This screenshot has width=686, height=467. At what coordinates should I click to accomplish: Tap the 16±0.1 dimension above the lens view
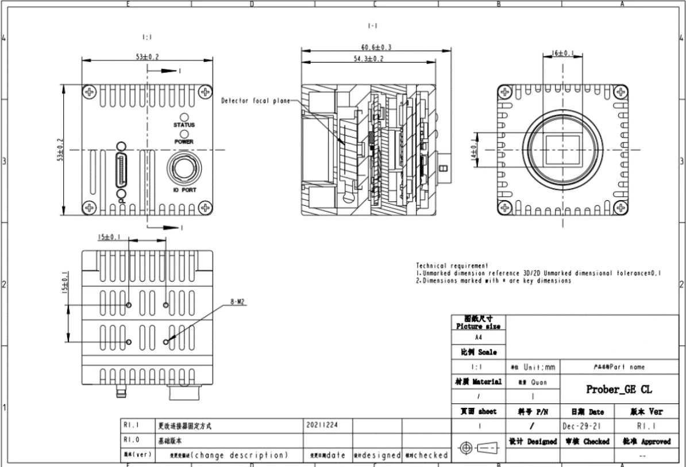562,53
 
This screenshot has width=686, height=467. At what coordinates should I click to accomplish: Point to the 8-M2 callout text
237,301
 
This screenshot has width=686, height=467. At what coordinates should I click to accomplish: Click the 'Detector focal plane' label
256,101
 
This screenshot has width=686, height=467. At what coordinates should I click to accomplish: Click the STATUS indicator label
184,125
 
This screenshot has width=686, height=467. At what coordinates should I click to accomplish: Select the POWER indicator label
184,141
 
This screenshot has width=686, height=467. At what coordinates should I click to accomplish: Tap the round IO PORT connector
184,170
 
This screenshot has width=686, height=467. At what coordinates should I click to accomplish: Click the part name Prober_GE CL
619,390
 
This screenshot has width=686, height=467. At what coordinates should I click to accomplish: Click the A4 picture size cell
478,338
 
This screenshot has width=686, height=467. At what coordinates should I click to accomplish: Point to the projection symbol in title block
478,447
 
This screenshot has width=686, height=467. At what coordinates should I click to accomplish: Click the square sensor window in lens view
562,150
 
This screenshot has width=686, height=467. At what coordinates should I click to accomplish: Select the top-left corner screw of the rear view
90,92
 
